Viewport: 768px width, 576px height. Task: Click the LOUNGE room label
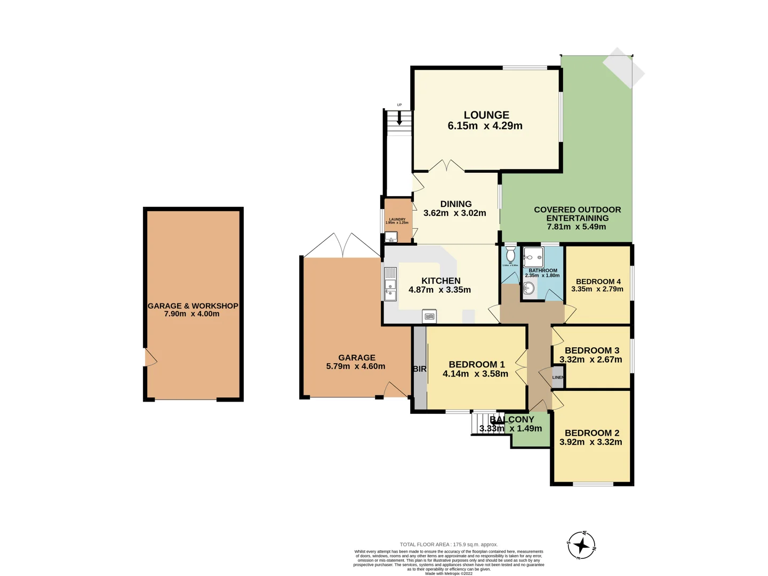point(486,115)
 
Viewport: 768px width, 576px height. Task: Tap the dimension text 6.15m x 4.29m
point(485,126)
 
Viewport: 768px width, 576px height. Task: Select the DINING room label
point(455,204)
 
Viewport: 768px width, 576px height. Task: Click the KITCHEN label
point(441,281)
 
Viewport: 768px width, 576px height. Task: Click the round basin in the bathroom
point(529,289)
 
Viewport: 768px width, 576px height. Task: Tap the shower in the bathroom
point(533,257)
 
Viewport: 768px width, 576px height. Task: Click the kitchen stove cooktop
point(429,316)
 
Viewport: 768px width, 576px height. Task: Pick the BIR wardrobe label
point(419,369)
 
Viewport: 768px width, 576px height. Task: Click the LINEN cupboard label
point(557,378)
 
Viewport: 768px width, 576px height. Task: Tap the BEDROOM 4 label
point(598,282)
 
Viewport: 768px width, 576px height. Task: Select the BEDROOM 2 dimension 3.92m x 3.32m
point(590,442)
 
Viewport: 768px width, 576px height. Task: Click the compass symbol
point(581,545)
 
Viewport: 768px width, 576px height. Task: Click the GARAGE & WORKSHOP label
point(193,306)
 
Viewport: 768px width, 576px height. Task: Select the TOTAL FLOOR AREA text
point(449,545)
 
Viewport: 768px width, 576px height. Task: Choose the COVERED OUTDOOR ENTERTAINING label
point(577,214)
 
